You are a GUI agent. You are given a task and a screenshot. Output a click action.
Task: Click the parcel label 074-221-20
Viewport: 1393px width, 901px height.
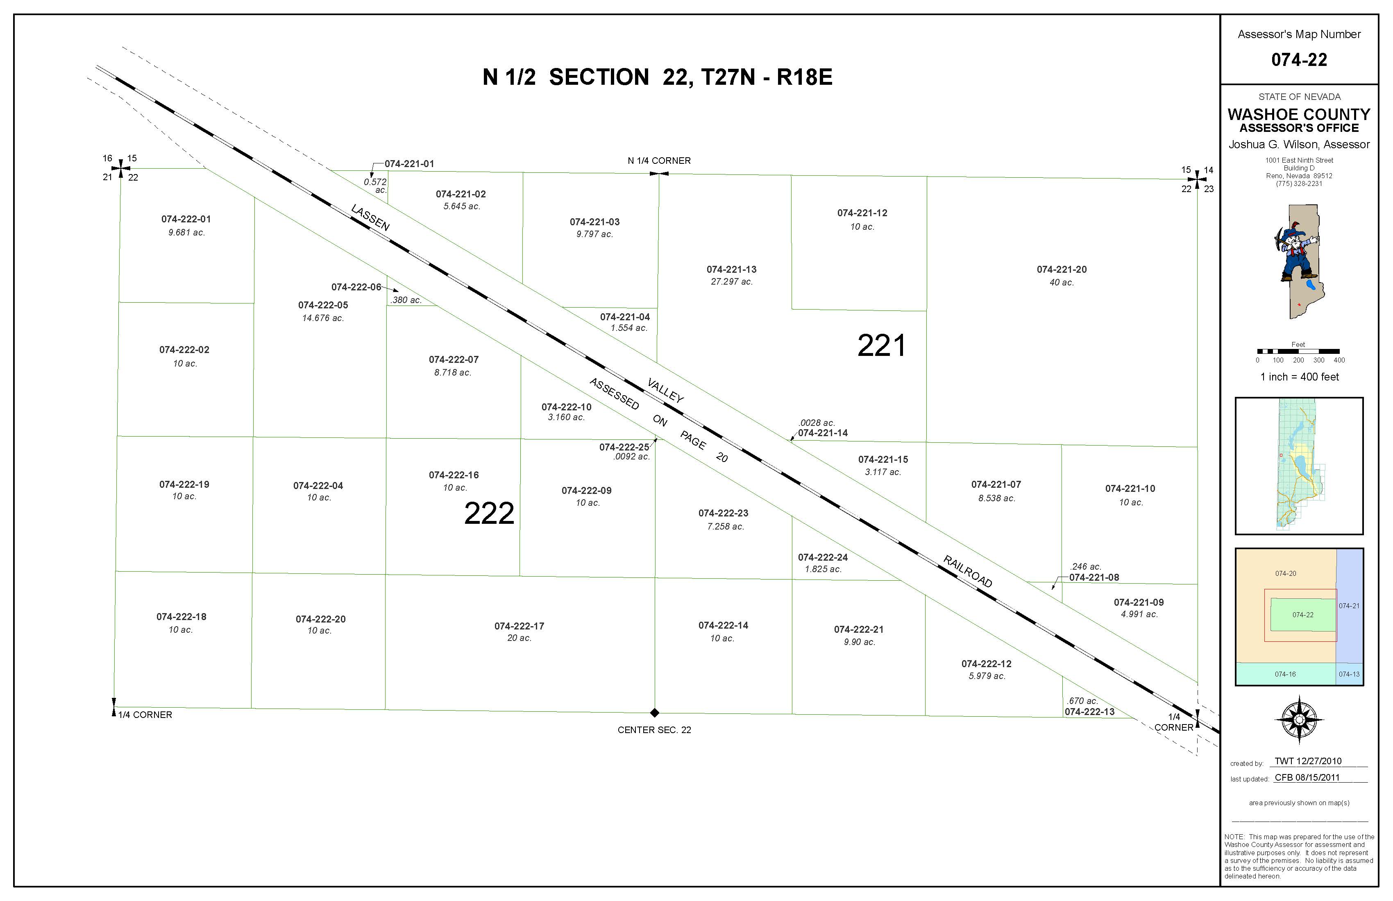click(x=1061, y=270)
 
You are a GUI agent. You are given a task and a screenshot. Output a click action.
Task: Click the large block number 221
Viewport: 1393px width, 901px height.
click(x=881, y=345)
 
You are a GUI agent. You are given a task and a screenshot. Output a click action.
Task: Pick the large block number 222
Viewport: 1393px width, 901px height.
click(x=489, y=513)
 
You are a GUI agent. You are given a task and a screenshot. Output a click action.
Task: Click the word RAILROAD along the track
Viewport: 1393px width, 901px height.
click(x=968, y=572)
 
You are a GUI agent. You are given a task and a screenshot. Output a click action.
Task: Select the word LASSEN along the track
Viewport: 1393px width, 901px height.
click(x=370, y=217)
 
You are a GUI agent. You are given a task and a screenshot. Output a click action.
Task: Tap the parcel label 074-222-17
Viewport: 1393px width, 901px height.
click(x=519, y=626)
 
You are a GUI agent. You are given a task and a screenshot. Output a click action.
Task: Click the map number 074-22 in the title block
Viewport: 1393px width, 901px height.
click(x=1299, y=60)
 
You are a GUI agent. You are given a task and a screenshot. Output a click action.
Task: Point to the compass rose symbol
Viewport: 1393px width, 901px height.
click(x=1299, y=720)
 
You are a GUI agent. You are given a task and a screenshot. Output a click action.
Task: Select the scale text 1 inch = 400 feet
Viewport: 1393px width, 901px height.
click(x=1299, y=377)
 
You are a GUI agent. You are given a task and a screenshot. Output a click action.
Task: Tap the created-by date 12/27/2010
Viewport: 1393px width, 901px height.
click(x=1319, y=761)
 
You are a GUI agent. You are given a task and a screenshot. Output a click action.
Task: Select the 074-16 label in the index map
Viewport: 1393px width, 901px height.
click(x=1285, y=675)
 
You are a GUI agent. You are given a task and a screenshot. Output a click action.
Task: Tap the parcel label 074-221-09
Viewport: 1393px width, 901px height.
click(x=1139, y=602)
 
